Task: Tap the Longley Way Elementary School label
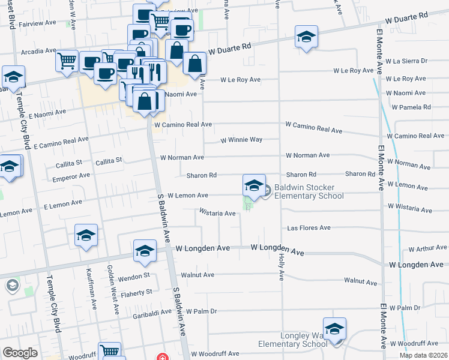[x=293, y=340]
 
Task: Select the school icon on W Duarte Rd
[x=306, y=37]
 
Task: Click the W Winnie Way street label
[x=241, y=140]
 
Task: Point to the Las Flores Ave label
[x=309, y=228]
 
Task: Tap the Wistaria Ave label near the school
[x=217, y=213]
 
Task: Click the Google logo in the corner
[x=19, y=353]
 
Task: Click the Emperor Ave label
[x=71, y=176]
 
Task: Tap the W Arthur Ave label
[x=427, y=248]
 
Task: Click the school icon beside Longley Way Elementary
[x=334, y=329]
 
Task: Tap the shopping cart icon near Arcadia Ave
[x=67, y=60]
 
